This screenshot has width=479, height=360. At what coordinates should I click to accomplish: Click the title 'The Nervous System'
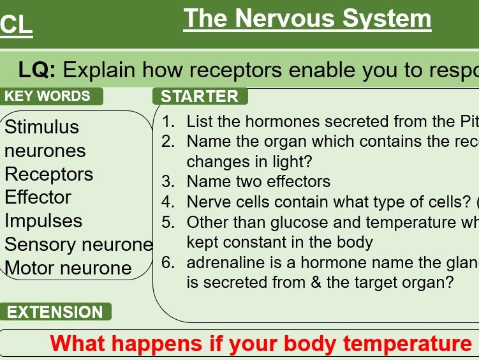(x=307, y=19)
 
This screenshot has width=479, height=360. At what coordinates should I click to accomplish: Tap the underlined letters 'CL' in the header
(x=17, y=26)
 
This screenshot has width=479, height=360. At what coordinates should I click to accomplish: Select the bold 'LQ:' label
(x=37, y=70)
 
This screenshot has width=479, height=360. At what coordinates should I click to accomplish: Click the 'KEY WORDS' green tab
(x=48, y=96)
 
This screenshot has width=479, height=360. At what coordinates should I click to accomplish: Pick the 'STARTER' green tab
(x=200, y=96)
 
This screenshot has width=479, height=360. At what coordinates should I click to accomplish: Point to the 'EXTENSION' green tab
(x=55, y=312)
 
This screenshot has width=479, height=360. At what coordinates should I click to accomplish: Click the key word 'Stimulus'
(x=41, y=127)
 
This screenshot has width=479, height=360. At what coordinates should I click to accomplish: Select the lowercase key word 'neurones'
(x=45, y=151)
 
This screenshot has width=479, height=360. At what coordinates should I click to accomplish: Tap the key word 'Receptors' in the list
(x=48, y=174)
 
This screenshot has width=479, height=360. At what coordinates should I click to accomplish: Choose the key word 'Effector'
(x=38, y=197)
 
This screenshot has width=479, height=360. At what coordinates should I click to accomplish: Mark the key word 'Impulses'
(x=43, y=221)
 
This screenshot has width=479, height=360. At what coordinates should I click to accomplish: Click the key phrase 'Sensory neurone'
(x=78, y=244)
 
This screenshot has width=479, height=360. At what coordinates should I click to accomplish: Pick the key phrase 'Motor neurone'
(x=68, y=268)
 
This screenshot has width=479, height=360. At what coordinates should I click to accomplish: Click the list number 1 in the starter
(x=168, y=121)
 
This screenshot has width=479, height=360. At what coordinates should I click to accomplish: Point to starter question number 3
(x=168, y=181)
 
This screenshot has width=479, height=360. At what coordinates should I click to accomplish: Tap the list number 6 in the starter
(x=168, y=262)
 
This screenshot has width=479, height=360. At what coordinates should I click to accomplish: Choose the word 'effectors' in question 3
(x=298, y=181)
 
